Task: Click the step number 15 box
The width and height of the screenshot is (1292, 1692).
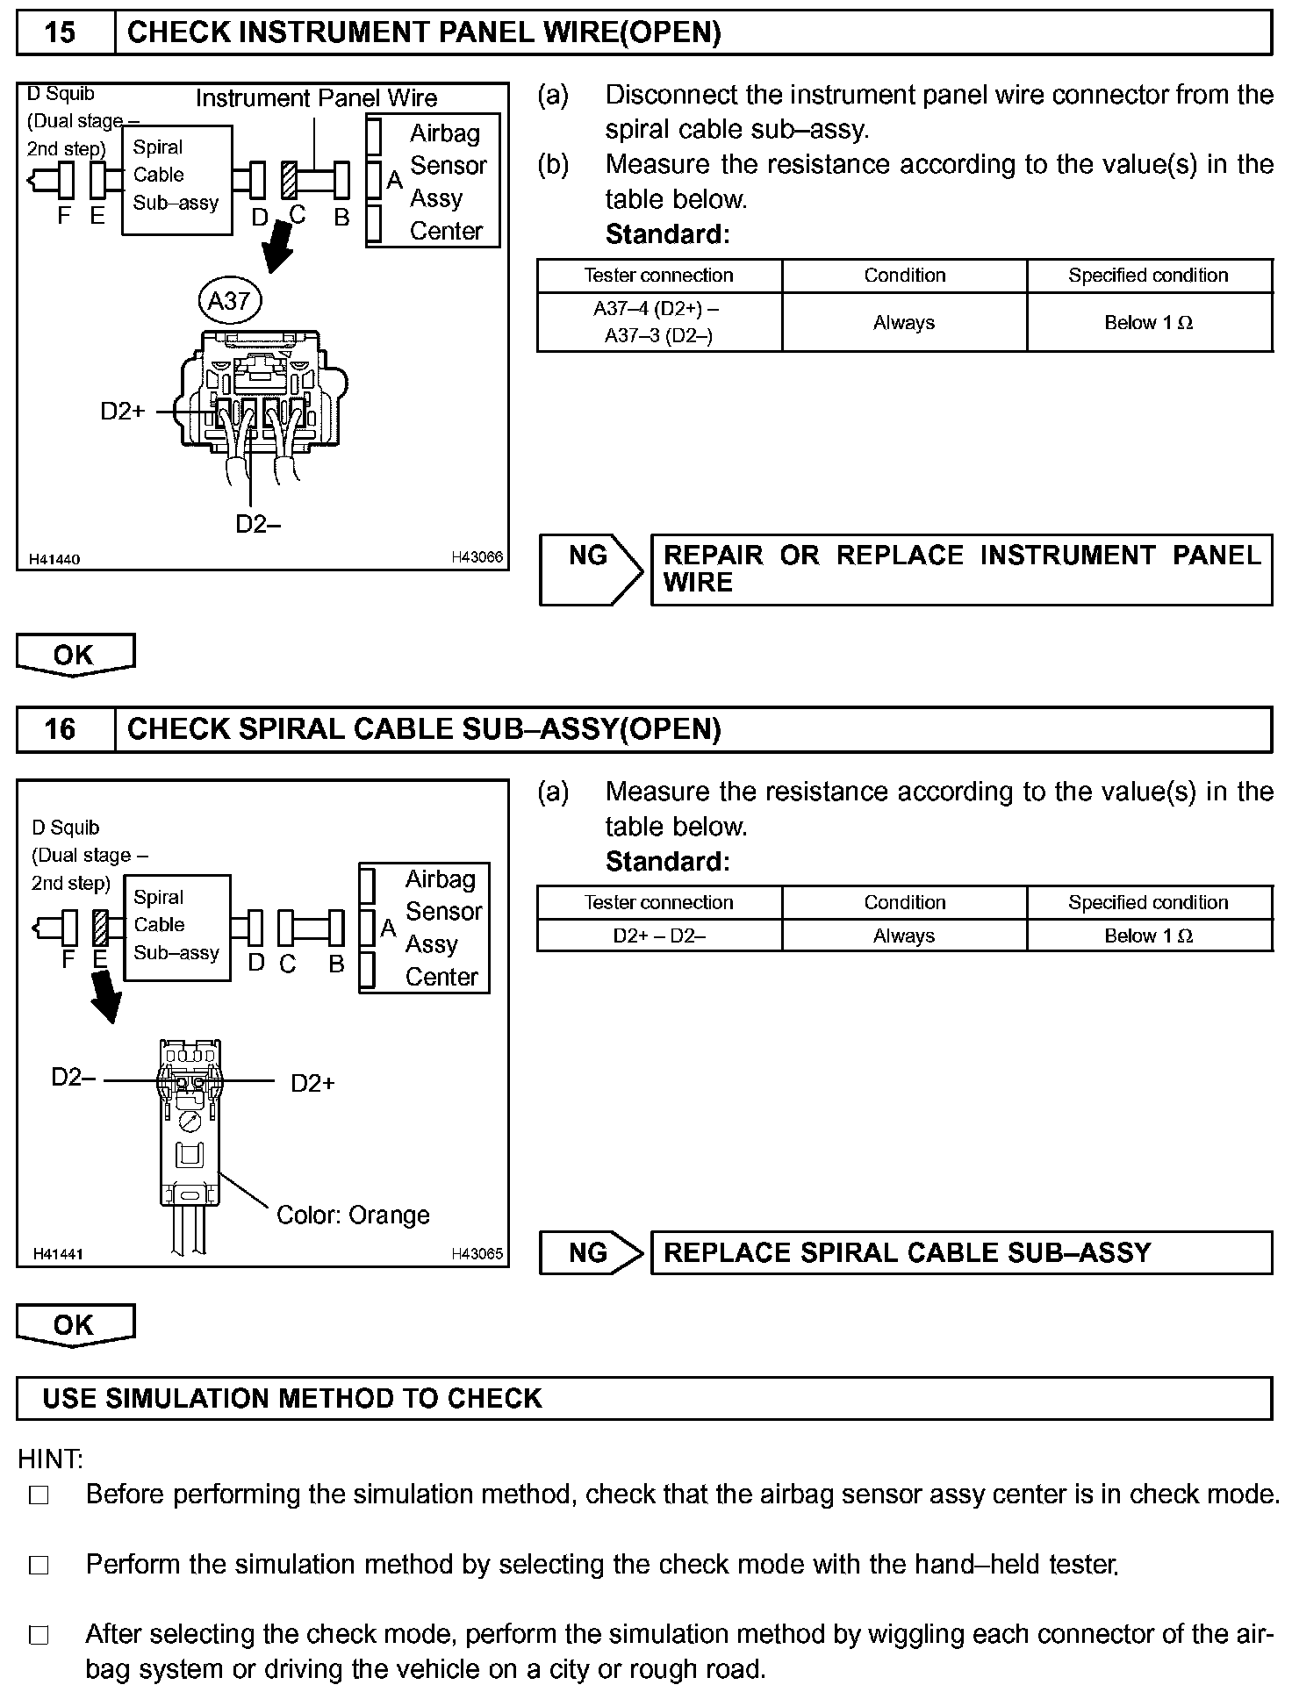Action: click(x=60, y=33)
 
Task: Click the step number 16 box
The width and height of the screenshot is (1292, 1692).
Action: click(x=60, y=729)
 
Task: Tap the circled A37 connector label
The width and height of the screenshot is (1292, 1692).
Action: click(x=229, y=302)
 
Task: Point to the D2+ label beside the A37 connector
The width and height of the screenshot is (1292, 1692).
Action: click(x=123, y=411)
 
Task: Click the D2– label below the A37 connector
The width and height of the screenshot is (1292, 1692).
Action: click(x=258, y=524)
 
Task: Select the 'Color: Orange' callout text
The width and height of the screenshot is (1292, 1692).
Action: click(x=353, y=1215)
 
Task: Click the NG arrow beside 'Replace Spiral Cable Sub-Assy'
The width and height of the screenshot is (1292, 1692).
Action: click(x=590, y=1252)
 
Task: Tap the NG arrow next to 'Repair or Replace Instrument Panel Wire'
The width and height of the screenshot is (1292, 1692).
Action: click(x=590, y=569)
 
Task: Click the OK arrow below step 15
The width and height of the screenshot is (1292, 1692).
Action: click(x=75, y=655)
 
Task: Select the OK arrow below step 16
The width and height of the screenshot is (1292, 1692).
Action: click(x=75, y=1324)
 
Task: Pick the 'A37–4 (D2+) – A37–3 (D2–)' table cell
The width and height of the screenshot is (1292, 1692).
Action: click(x=658, y=322)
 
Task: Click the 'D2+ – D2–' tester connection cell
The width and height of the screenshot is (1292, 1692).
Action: click(x=658, y=936)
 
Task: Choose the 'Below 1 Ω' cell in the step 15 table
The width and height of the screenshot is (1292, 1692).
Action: click(x=1148, y=322)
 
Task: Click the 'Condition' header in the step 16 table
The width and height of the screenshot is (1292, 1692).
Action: click(x=904, y=902)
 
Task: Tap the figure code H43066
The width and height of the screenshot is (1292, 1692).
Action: click(x=477, y=557)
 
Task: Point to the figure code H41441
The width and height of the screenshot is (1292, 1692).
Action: click(x=58, y=1254)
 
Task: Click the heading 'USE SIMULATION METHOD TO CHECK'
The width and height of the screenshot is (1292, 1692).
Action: click(x=292, y=1398)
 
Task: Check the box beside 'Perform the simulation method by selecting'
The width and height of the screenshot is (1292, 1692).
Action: click(x=39, y=1565)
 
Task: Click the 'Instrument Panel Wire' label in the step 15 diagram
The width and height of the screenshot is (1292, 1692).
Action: click(x=316, y=98)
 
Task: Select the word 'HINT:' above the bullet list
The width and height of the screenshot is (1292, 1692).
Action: click(x=50, y=1459)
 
